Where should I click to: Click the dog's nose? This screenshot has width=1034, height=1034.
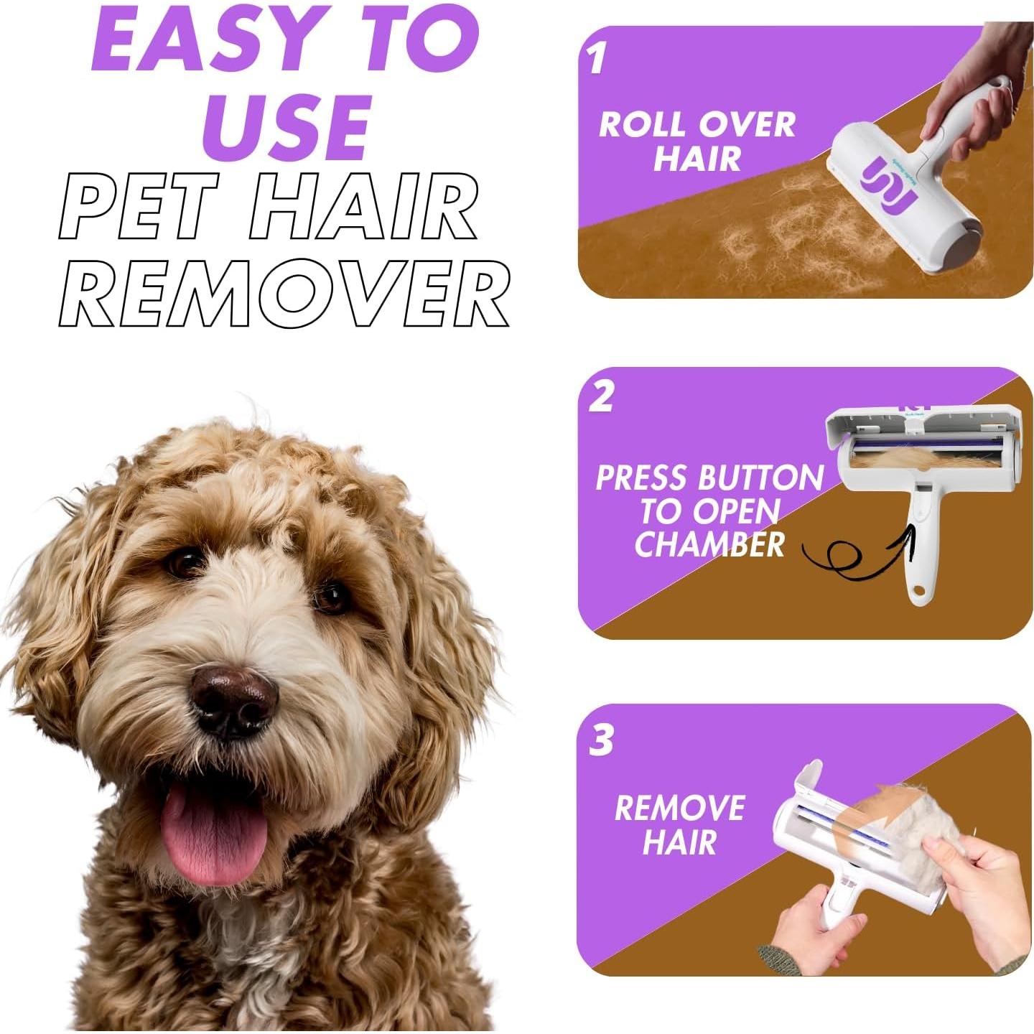coord(233,699)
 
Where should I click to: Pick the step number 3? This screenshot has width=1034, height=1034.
coord(601,740)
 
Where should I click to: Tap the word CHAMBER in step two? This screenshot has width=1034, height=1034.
coord(709,545)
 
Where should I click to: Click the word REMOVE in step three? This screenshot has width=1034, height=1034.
coord(679,809)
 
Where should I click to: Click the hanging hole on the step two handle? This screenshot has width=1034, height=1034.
coord(917,595)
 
